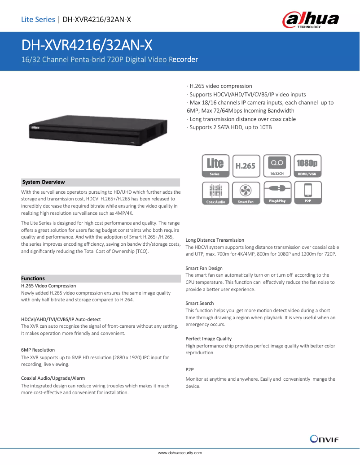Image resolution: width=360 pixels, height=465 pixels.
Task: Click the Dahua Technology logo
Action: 310,20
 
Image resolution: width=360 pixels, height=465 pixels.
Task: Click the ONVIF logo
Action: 324,439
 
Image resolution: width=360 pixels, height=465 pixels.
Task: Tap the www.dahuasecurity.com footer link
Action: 180,453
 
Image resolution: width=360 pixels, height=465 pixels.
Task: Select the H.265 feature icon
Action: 246,166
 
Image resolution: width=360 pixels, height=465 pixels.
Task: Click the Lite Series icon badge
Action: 215,166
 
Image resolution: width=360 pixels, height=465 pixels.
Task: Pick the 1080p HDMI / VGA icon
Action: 307,166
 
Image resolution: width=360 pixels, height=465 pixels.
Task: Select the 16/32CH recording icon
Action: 277,166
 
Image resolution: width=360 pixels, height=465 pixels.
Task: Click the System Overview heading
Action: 44,182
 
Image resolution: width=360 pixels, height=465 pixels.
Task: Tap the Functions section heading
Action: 33,278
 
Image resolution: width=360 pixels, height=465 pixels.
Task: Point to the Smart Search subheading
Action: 200,304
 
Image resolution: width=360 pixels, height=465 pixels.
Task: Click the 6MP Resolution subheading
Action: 38,350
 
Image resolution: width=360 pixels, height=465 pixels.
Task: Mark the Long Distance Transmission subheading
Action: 215,240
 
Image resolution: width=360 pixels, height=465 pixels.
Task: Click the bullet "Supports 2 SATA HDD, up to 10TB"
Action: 231,127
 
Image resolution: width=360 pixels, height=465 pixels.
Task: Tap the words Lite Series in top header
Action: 38,19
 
